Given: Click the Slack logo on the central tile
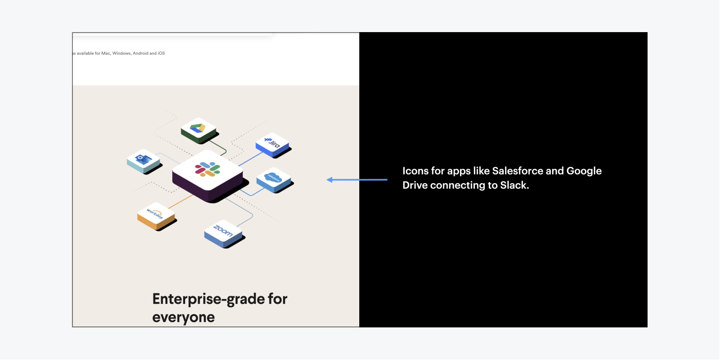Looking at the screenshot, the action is tap(208, 169).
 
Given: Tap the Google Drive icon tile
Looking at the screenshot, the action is tap(199, 130).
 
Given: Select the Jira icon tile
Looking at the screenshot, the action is tap(273, 145).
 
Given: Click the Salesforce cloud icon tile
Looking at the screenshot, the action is tap(274, 180).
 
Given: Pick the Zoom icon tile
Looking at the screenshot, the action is tap(224, 234).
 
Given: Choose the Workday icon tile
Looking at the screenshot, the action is tap(156, 216).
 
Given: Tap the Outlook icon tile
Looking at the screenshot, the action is tap(144, 161).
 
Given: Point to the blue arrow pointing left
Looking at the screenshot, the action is tap(357, 179).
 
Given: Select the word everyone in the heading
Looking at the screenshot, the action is tap(184, 317).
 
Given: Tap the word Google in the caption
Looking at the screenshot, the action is tap(584, 171).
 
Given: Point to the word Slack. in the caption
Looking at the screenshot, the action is tap(514, 186).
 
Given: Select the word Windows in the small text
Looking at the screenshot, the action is tap(122, 53).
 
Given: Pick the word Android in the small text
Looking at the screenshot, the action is tap(141, 53).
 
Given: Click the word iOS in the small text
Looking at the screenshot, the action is tap(161, 53).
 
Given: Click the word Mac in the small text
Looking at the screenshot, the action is tap(106, 53).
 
